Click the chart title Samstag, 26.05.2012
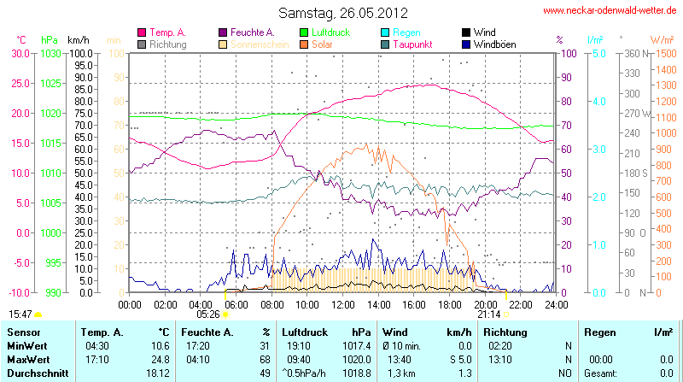[x=342, y=13]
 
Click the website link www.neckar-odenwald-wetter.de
[x=610, y=11]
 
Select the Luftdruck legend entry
[x=332, y=32]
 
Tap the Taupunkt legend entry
[x=412, y=44]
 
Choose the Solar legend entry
[x=322, y=44]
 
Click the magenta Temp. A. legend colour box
[x=142, y=32]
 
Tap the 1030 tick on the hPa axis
[x=50, y=53]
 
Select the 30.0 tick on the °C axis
[x=20, y=53]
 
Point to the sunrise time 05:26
[x=207, y=314]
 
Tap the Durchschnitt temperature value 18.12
[x=158, y=373]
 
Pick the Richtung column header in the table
[x=505, y=332]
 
